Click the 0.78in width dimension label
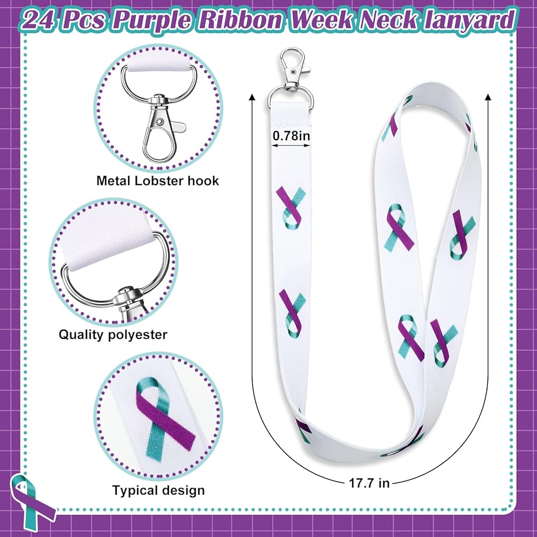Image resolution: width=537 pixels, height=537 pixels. point(291,136)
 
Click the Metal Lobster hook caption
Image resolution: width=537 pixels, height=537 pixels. point(158,180)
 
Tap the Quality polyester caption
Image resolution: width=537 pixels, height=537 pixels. point(113,335)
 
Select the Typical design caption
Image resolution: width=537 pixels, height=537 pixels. point(158,490)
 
